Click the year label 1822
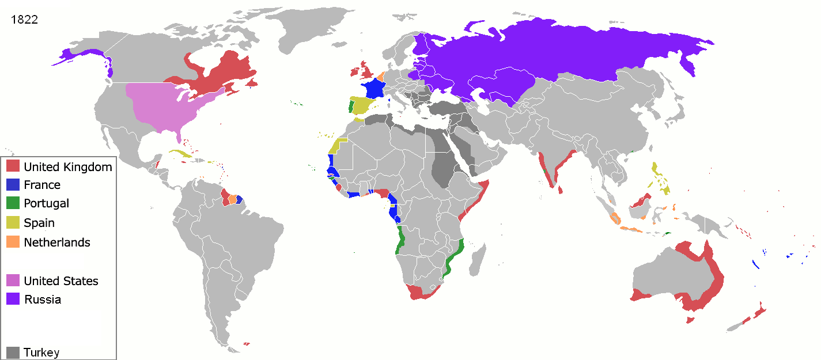[24, 19]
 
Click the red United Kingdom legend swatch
[13, 166]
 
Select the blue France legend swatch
[13, 185]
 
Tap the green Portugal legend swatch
[13, 203]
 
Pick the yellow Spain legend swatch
[13, 222]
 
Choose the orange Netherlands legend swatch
[13, 242]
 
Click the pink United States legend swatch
[13, 281]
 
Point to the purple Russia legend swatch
[13, 299]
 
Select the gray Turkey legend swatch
[13, 352]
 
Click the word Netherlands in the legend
[57, 242]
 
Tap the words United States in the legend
[61, 281]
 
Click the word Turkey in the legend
[41, 353]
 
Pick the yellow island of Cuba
[180, 154]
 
